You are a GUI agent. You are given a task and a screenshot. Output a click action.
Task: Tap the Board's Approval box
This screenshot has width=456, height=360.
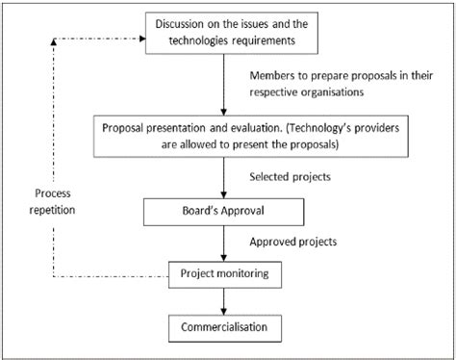coord(223,211)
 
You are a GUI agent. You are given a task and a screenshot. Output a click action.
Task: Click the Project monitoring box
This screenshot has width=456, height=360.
coord(223,275)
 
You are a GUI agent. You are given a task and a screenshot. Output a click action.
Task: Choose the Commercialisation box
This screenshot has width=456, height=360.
coord(223,329)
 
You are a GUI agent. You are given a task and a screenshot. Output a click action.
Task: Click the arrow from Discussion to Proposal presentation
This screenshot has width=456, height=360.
coord(223,87)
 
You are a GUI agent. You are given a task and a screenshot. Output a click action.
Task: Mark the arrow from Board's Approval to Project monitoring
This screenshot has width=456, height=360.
coord(223,243)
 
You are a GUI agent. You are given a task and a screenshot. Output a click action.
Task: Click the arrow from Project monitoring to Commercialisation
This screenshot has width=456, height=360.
coord(223,302)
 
